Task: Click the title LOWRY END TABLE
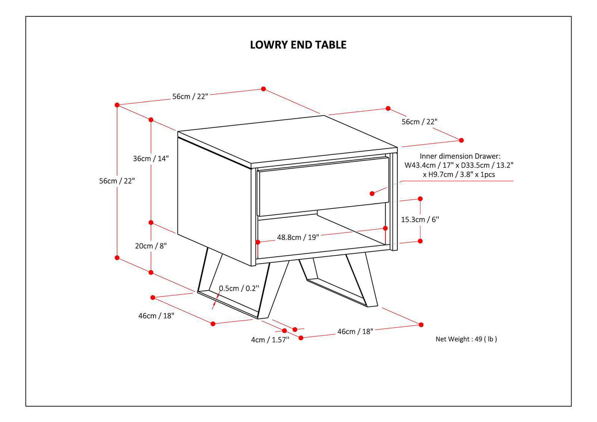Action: click(298, 45)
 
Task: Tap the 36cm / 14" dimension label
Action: click(151, 158)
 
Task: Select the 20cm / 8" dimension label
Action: click(150, 245)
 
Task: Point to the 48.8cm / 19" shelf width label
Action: click(298, 237)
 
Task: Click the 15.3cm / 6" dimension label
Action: click(420, 219)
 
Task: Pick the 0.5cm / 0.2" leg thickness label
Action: click(239, 288)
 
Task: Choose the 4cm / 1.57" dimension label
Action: click(270, 339)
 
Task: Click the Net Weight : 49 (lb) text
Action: click(466, 339)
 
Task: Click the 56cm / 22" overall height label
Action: click(117, 181)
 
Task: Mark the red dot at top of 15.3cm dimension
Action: click(420, 199)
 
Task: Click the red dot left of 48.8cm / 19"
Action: click(258, 241)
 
